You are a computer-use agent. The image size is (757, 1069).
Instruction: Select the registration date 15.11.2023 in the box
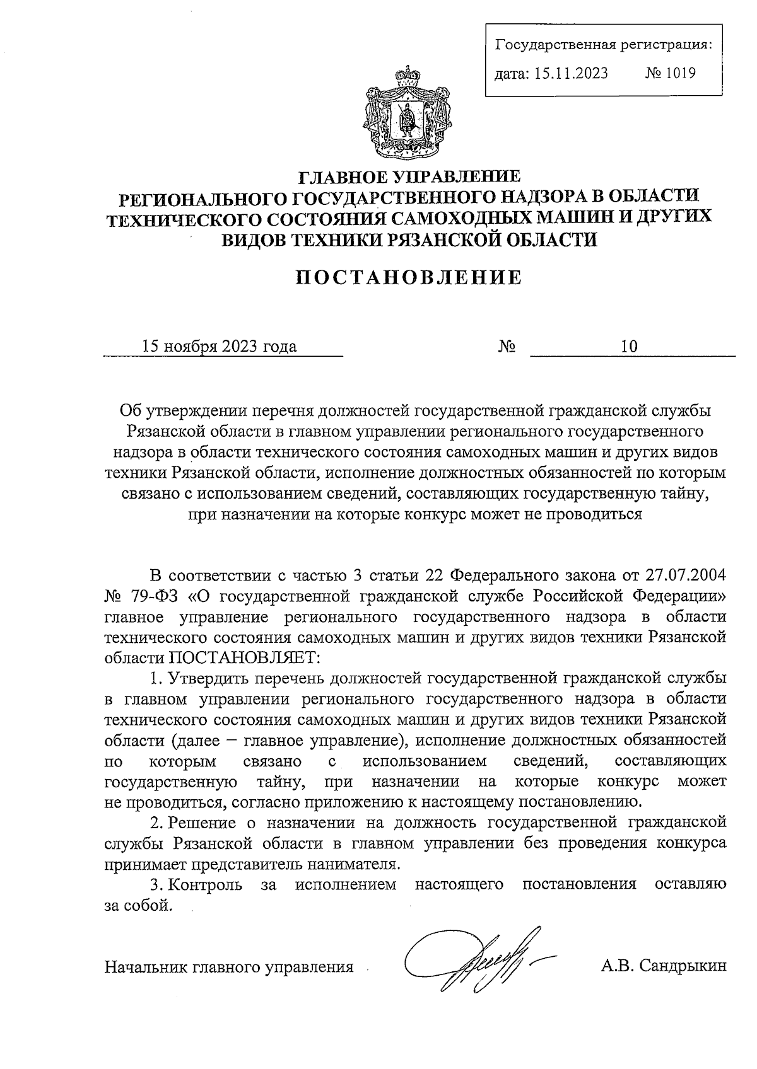pyautogui.click(x=571, y=73)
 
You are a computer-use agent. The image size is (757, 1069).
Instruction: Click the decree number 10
pyautogui.click(x=629, y=346)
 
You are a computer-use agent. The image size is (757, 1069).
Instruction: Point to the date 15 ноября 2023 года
pyautogui.click(x=220, y=346)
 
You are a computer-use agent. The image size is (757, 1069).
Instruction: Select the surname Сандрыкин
pyautogui.click(x=683, y=966)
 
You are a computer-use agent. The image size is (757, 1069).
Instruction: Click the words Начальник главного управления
pyautogui.click(x=229, y=966)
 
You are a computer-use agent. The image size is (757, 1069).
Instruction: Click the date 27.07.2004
pyautogui.click(x=686, y=575)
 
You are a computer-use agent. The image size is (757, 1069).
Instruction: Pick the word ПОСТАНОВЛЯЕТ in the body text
pyautogui.click(x=244, y=657)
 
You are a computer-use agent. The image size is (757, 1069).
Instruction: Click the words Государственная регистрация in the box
pyautogui.click(x=604, y=45)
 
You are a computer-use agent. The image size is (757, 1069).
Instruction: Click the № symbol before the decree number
pyautogui.click(x=507, y=347)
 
